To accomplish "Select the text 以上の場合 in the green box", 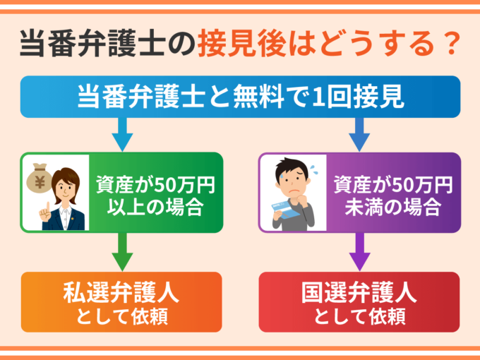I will (x=155, y=209).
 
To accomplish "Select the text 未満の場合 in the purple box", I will (x=393, y=209).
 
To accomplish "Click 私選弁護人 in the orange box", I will (x=121, y=291).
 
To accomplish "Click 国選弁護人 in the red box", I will (x=359, y=291).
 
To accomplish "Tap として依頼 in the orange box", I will (x=121, y=314).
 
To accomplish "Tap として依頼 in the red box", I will (x=359, y=314).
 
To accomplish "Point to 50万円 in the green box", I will (x=178, y=186).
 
